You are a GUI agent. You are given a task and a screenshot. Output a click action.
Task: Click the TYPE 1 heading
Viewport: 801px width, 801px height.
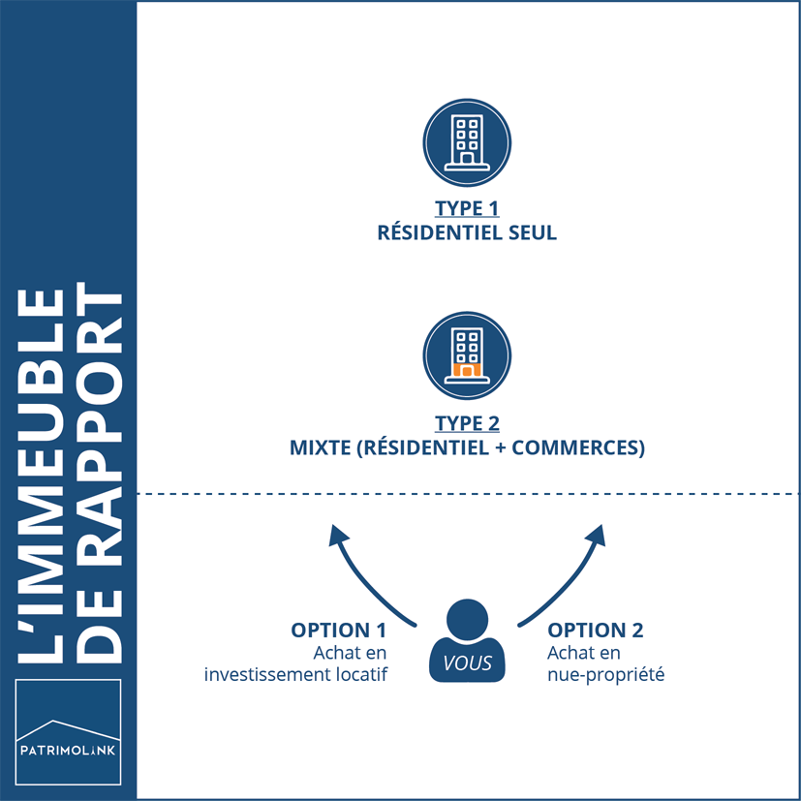coord(466,209)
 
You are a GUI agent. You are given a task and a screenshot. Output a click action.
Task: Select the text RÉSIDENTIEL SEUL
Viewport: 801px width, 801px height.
coord(466,233)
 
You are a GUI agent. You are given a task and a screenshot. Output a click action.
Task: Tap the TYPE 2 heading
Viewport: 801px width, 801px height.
coord(466,424)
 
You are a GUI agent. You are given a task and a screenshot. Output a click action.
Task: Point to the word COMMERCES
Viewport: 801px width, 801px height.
coord(580,448)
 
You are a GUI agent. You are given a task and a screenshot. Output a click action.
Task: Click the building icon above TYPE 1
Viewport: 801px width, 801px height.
coord(467,142)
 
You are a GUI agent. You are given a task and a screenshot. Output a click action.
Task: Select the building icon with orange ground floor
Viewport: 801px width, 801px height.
coord(467,355)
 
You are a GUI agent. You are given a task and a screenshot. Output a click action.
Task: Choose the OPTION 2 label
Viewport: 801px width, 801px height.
coord(595,631)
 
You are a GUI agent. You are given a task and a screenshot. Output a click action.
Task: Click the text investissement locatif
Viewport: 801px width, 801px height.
coord(295,674)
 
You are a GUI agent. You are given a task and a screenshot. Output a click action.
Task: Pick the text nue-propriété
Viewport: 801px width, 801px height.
coord(605,674)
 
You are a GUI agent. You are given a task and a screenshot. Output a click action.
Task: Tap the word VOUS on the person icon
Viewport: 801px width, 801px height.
coord(467,663)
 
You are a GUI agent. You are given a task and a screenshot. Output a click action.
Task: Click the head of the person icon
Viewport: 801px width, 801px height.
coord(467,618)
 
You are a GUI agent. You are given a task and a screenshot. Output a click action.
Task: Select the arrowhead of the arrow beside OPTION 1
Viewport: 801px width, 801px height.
coord(338,535)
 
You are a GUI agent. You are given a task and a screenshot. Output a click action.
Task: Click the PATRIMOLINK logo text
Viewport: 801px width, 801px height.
coord(68,749)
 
